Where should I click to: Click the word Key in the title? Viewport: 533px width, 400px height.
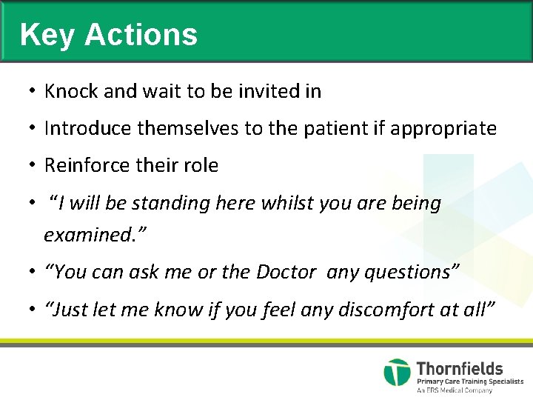tap(46, 35)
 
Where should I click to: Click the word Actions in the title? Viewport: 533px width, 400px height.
tap(141, 35)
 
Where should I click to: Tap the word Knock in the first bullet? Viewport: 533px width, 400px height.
tap(71, 91)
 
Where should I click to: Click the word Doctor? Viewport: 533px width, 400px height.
tap(286, 272)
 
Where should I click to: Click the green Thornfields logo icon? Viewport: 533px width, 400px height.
tap(397, 372)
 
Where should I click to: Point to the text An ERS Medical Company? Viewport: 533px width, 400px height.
tap(454, 390)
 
